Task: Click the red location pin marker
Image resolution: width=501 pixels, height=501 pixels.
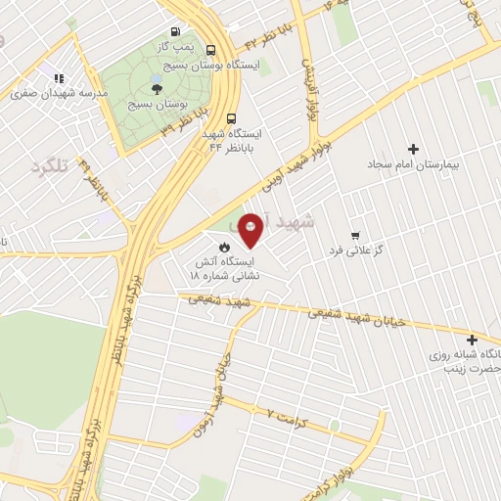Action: [251, 229]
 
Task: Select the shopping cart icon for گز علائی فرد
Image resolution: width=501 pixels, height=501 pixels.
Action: [354, 236]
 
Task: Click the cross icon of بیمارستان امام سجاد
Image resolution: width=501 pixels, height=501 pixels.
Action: [413, 150]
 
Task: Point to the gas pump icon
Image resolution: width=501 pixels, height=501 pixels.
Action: [175, 30]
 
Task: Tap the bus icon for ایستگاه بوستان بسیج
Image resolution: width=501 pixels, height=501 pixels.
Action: [211, 49]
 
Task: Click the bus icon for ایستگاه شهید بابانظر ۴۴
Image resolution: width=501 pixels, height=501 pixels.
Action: [231, 117]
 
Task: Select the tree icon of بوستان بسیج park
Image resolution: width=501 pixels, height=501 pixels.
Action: [156, 88]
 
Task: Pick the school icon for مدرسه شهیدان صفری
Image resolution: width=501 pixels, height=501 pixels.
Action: [59, 78]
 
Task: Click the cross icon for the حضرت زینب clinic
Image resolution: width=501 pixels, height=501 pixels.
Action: [472, 339]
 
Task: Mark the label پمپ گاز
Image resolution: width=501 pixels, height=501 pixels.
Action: [177, 46]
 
